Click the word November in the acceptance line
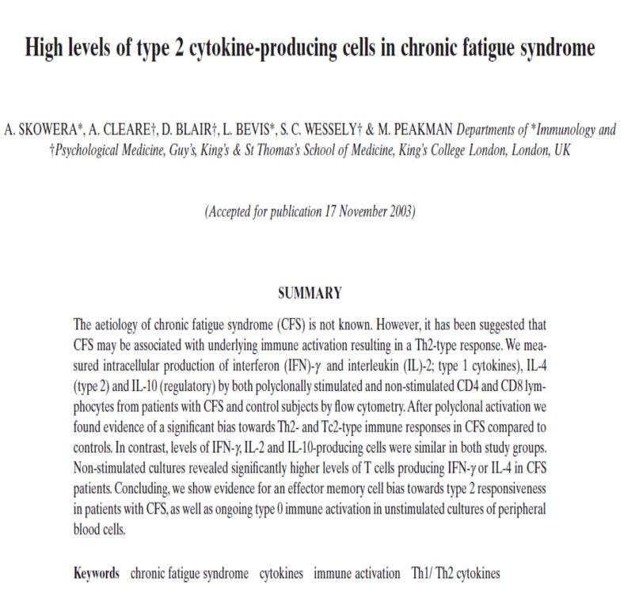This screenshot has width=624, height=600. tap(356, 211)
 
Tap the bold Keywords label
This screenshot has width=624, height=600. tap(97, 573)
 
